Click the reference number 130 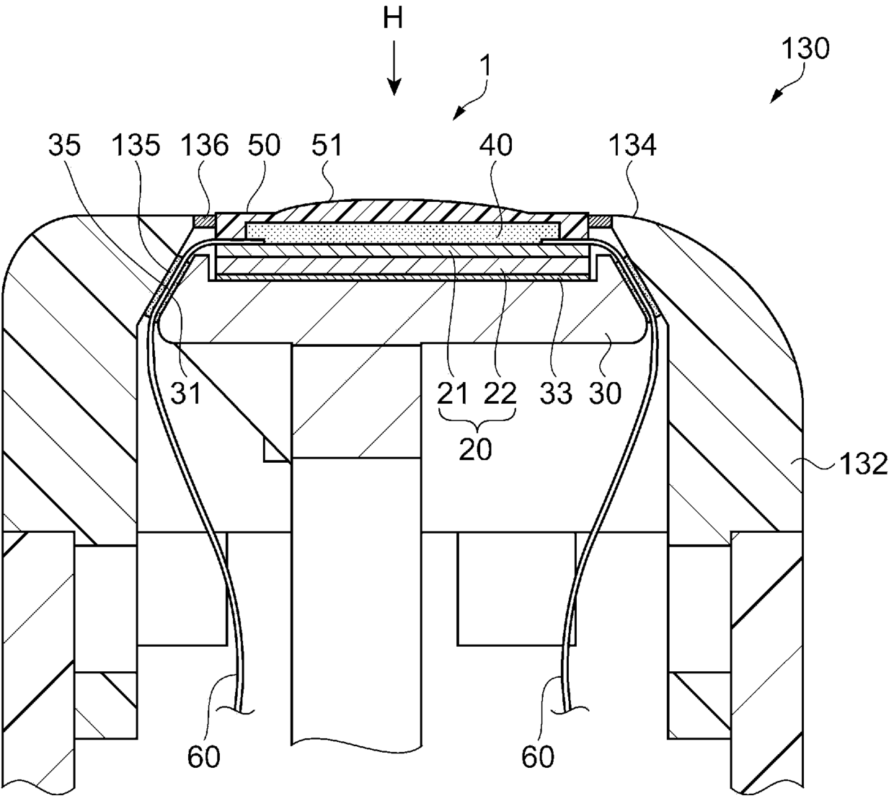(806, 49)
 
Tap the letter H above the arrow (393, 19)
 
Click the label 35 (66, 146)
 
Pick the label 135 (137, 146)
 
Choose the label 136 (205, 146)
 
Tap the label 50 (263, 146)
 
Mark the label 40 (495, 146)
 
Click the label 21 (452, 393)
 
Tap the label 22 (501, 393)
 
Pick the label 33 (555, 393)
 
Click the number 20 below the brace (476, 448)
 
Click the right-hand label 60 (537, 757)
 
